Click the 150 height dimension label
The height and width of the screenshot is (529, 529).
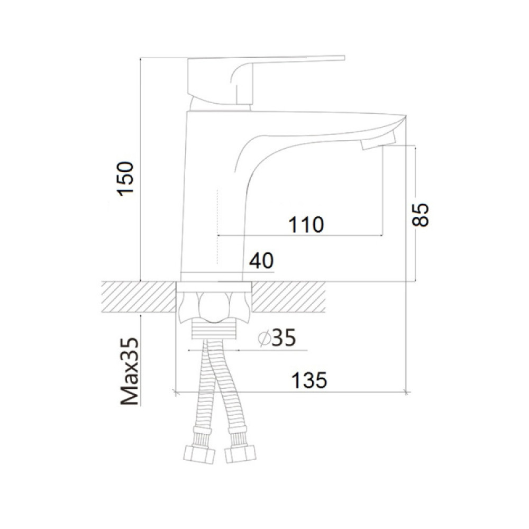click(x=125, y=179)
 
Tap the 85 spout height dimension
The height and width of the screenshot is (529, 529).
click(x=420, y=215)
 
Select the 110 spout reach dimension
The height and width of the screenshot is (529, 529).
click(x=306, y=224)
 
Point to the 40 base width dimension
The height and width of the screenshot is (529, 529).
click(x=261, y=260)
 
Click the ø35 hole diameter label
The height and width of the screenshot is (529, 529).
click(x=277, y=338)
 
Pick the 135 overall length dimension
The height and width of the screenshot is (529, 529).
click(x=309, y=380)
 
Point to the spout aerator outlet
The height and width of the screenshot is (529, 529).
click(x=378, y=142)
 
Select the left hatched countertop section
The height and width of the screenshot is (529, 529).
click(x=139, y=297)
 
